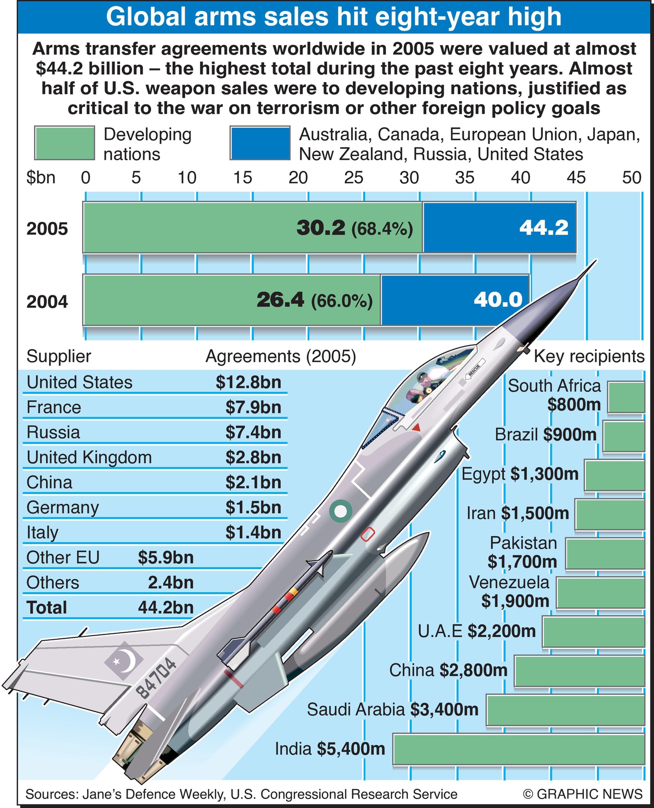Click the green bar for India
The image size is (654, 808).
click(x=518, y=749)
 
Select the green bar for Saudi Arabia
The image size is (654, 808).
click(x=565, y=710)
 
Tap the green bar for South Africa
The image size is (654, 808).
click(x=626, y=397)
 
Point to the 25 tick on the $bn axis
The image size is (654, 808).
click(x=353, y=178)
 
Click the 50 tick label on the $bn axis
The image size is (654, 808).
click(x=631, y=178)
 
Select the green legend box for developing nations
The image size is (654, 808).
click(x=65, y=143)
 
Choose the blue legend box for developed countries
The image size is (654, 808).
click(x=260, y=143)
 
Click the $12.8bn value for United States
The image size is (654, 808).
click(x=249, y=382)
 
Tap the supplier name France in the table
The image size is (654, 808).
click(x=54, y=408)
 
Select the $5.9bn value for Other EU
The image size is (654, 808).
click(x=166, y=558)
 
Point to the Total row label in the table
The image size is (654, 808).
click(x=47, y=608)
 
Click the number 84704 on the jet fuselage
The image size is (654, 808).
click(x=157, y=678)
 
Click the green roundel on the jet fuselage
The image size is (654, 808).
click(x=340, y=511)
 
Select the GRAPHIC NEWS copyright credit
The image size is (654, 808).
click(x=582, y=794)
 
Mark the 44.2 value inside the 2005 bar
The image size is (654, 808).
click(x=544, y=228)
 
